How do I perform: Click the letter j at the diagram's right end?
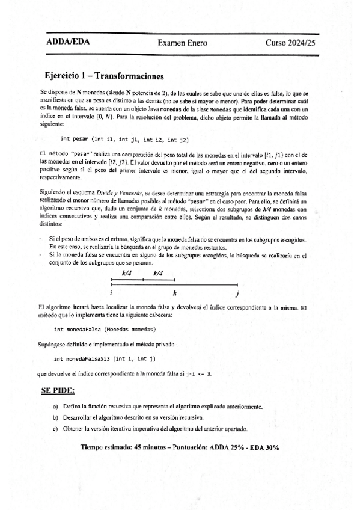[x=237, y=294]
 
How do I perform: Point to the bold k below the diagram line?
[x=175, y=293]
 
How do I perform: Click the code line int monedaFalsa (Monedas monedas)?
[x=105, y=330]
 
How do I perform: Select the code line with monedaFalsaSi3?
[x=105, y=359]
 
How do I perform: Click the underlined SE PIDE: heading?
[x=58, y=390]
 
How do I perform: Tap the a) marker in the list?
[x=56, y=407]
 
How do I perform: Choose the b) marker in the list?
[x=56, y=417]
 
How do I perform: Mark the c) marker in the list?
[x=56, y=428]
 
